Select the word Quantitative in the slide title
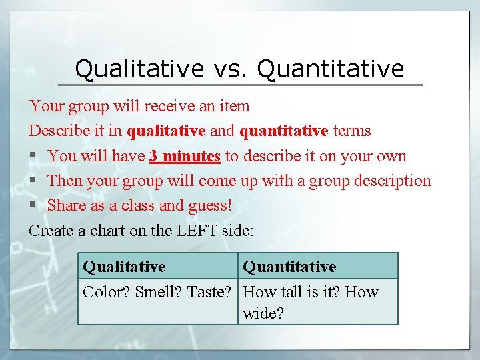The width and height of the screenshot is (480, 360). click(x=330, y=68)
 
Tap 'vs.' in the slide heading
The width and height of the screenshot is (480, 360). click(x=229, y=68)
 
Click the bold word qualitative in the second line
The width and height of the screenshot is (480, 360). click(x=166, y=131)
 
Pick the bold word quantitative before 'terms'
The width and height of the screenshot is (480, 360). click(x=283, y=131)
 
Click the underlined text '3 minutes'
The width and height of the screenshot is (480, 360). click(x=185, y=156)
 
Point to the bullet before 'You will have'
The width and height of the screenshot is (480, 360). click(x=33, y=157)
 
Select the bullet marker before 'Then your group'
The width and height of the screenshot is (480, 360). click(x=33, y=181)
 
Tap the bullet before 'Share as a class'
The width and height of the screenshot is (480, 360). click(x=33, y=206)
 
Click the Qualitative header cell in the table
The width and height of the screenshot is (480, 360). click(x=125, y=267)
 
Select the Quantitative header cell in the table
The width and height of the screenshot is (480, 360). click(x=289, y=267)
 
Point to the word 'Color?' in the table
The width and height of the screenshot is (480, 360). click(x=106, y=292)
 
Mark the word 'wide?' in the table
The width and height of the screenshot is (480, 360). click(x=263, y=313)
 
